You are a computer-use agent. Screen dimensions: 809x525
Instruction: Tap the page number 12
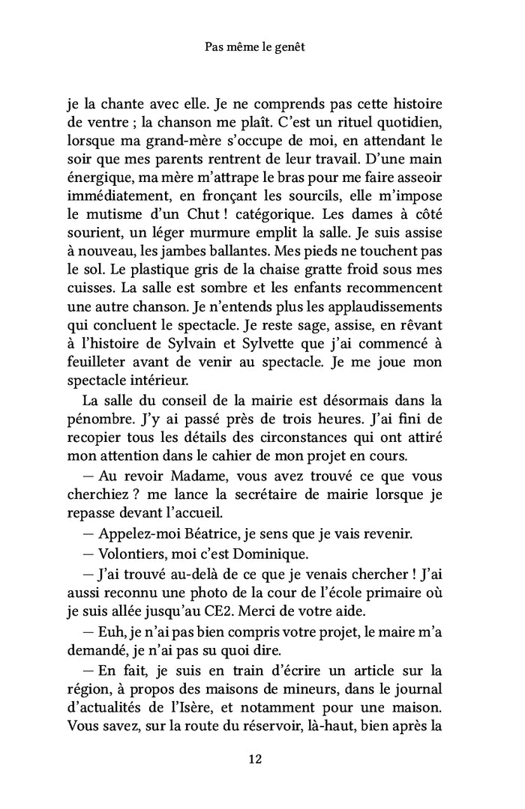tap(254, 759)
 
